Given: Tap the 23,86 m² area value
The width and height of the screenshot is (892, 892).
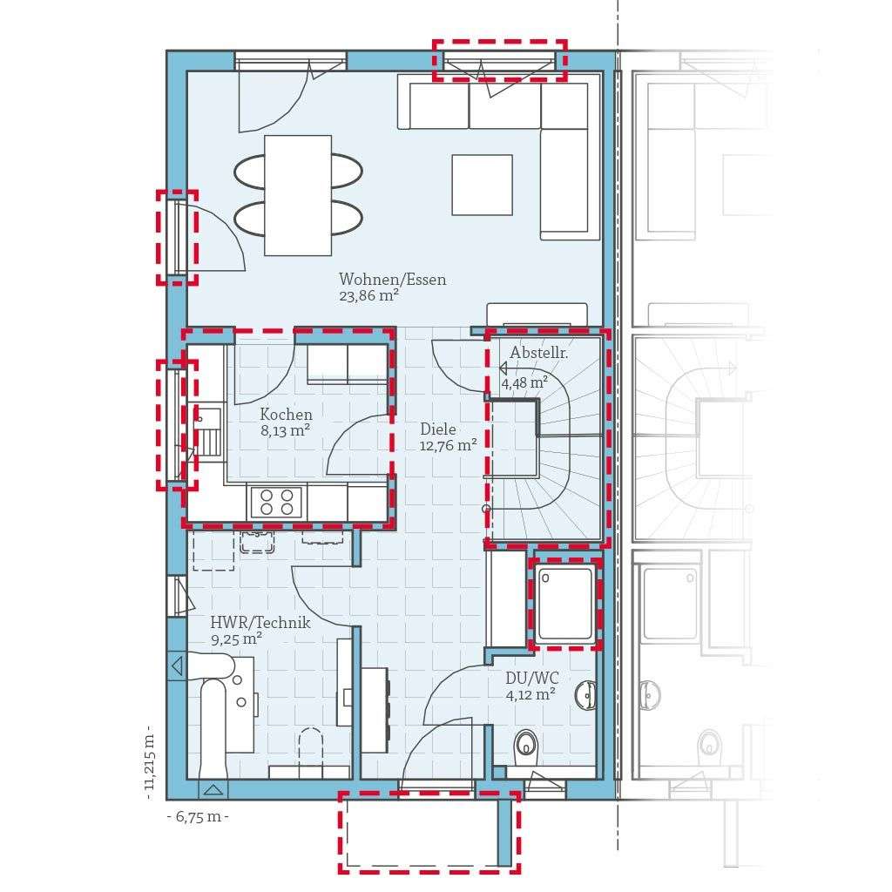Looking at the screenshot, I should [x=368, y=296].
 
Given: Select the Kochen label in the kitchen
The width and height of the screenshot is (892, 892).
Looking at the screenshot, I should [x=286, y=415].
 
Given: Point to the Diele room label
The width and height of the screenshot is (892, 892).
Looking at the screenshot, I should [x=438, y=429].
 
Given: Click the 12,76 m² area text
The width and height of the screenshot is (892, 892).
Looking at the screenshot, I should [x=448, y=445].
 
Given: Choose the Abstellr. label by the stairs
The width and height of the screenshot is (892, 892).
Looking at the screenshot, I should [x=539, y=354].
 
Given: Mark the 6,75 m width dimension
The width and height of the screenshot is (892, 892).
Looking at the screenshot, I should [x=198, y=816].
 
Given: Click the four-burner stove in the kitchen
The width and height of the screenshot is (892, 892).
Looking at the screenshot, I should [x=276, y=503].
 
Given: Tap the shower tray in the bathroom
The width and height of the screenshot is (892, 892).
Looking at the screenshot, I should [x=566, y=604].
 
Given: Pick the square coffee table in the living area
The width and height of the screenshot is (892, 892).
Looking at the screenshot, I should [x=482, y=184].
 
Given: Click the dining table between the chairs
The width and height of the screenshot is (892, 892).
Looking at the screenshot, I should [x=298, y=195].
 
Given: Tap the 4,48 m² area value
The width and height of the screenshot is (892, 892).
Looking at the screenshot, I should [x=524, y=382].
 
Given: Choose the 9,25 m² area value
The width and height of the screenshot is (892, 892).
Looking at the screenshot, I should [x=236, y=639].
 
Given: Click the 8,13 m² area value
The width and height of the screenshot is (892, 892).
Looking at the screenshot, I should [x=286, y=430].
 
